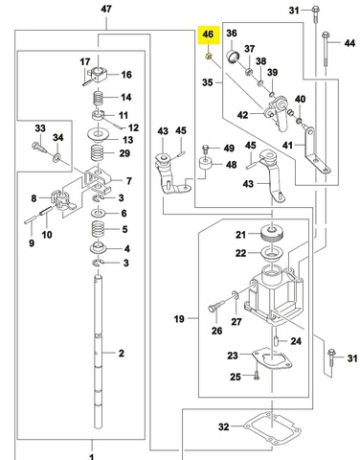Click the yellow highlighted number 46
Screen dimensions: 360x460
point(208,34)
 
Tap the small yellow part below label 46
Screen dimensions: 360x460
point(209,57)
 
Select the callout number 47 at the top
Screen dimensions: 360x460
point(106,9)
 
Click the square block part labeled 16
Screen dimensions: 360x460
point(98,75)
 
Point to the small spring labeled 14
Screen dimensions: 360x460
point(98,99)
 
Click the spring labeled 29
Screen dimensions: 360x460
point(98,153)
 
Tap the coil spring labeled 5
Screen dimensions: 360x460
point(98,229)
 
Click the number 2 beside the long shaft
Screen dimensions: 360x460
point(122,353)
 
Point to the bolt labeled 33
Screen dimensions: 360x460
point(39,148)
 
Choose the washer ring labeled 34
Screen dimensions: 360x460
point(57,157)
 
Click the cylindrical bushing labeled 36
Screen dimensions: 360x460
point(236,56)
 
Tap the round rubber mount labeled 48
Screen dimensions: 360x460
point(207,165)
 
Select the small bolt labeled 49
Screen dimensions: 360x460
point(205,149)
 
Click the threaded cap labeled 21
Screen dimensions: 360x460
point(272,233)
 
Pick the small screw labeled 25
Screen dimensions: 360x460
point(256,376)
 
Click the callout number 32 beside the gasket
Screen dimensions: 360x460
point(224,426)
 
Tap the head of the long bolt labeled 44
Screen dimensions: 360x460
point(325,34)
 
